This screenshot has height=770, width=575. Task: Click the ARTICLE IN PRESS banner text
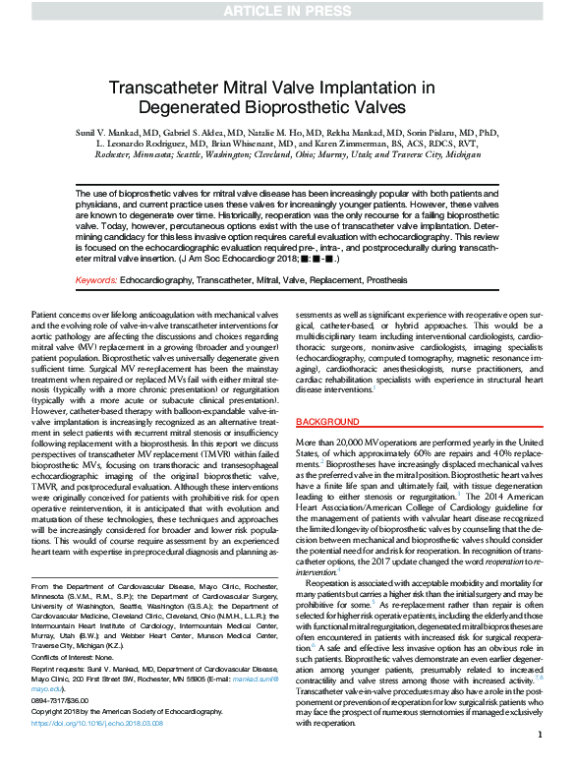coord(287,11)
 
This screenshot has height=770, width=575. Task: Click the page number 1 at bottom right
coord(540,760)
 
